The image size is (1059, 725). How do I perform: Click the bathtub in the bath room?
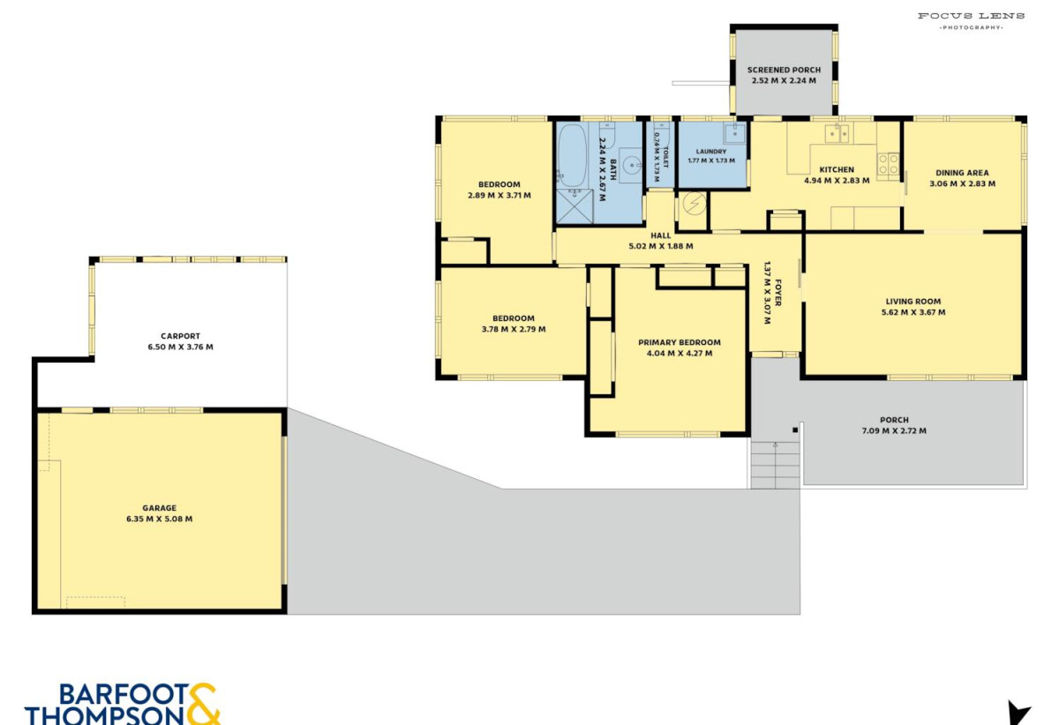pyautogui.click(x=571, y=155)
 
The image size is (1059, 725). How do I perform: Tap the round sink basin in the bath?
pyautogui.click(x=632, y=165)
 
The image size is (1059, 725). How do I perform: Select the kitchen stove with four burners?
pyautogui.click(x=888, y=165)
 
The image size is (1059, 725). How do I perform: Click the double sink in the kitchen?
pyautogui.click(x=837, y=134)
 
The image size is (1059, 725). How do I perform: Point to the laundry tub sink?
pyautogui.click(x=734, y=133)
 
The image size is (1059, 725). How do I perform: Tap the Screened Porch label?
pyautogui.click(x=784, y=70)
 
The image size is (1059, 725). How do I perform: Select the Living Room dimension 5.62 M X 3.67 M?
pyautogui.click(x=913, y=312)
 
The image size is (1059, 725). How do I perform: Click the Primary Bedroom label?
pyautogui.click(x=680, y=342)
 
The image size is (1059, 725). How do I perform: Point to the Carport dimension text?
pyautogui.click(x=181, y=347)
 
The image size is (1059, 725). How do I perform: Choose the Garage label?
pyautogui.click(x=160, y=508)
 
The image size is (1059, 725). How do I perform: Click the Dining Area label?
pyautogui.click(x=962, y=173)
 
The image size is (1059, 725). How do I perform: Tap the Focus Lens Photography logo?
pyautogui.click(x=972, y=21)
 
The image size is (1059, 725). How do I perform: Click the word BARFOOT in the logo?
pyautogui.click(x=124, y=695)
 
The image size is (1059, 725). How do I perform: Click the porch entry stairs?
pyautogui.click(x=776, y=465)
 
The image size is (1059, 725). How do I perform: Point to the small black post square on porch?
pyautogui.click(x=795, y=430)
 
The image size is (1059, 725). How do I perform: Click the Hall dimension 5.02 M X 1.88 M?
pyautogui.click(x=661, y=246)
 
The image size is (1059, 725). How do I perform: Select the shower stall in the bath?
pyautogui.click(x=575, y=206)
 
